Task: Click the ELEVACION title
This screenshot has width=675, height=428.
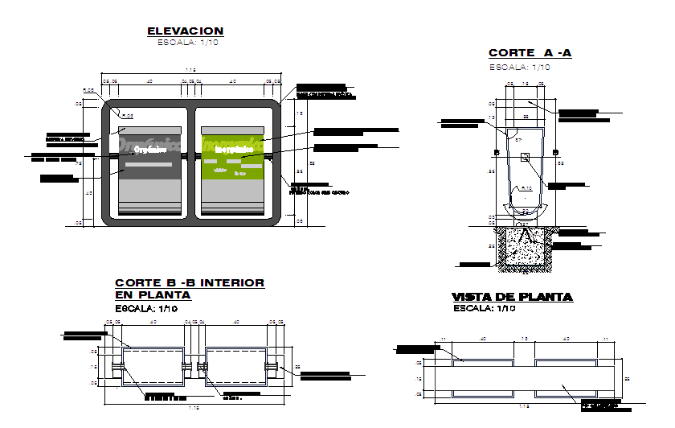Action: click(x=185, y=31)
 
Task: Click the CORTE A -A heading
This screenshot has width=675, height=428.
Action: click(x=530, y=54)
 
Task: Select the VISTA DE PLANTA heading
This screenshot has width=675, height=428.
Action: click(x=512, y=297)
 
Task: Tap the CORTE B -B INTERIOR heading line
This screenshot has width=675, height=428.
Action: click(x=190, y=283)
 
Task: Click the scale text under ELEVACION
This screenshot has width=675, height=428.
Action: click(x=187, y=43)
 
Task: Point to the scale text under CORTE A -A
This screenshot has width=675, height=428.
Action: click(x=520, y=67)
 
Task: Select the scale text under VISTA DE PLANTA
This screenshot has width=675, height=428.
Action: click(x=483, y=308)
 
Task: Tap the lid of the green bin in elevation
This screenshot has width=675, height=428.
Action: click(x=233, y=130)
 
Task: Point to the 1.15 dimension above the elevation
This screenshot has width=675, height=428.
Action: click(x=191, y=72)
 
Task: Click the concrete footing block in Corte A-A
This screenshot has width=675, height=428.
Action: click(x=525, y=245)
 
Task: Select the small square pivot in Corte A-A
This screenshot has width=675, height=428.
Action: click(x=525, y=158)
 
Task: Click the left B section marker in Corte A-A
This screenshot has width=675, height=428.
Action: click(x=497, y=152)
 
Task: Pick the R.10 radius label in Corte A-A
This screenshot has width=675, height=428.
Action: click(x=526, y=188)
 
